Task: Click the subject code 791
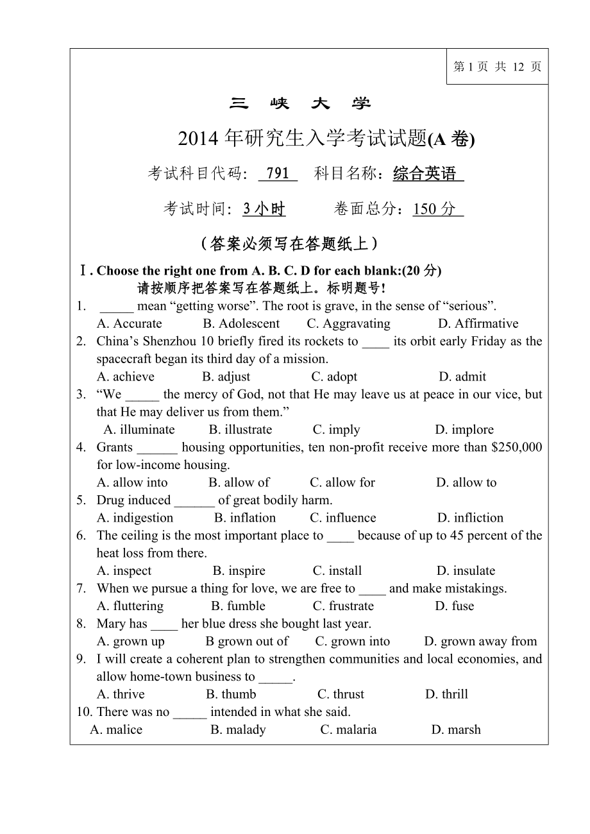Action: pos(278,173)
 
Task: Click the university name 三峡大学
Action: pos(300,103)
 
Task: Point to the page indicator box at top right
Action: pos(497,67)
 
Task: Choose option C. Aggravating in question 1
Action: pos(348,324)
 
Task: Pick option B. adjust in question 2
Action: pos(226,377)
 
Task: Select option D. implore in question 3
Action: pos(464,430)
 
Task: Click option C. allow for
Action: pos(342,482)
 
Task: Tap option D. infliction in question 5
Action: pos(470,518)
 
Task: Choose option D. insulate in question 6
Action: pos(466,571)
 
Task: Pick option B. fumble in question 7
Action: pos(238,606)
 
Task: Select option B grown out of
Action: pos(247,642)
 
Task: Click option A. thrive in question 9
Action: pos(121,694)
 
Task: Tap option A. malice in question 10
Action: pos(116,729)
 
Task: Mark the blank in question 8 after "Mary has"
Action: pos(164,625)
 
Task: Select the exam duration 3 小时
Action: pos(264,208)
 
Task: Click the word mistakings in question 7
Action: pos(475,588)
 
